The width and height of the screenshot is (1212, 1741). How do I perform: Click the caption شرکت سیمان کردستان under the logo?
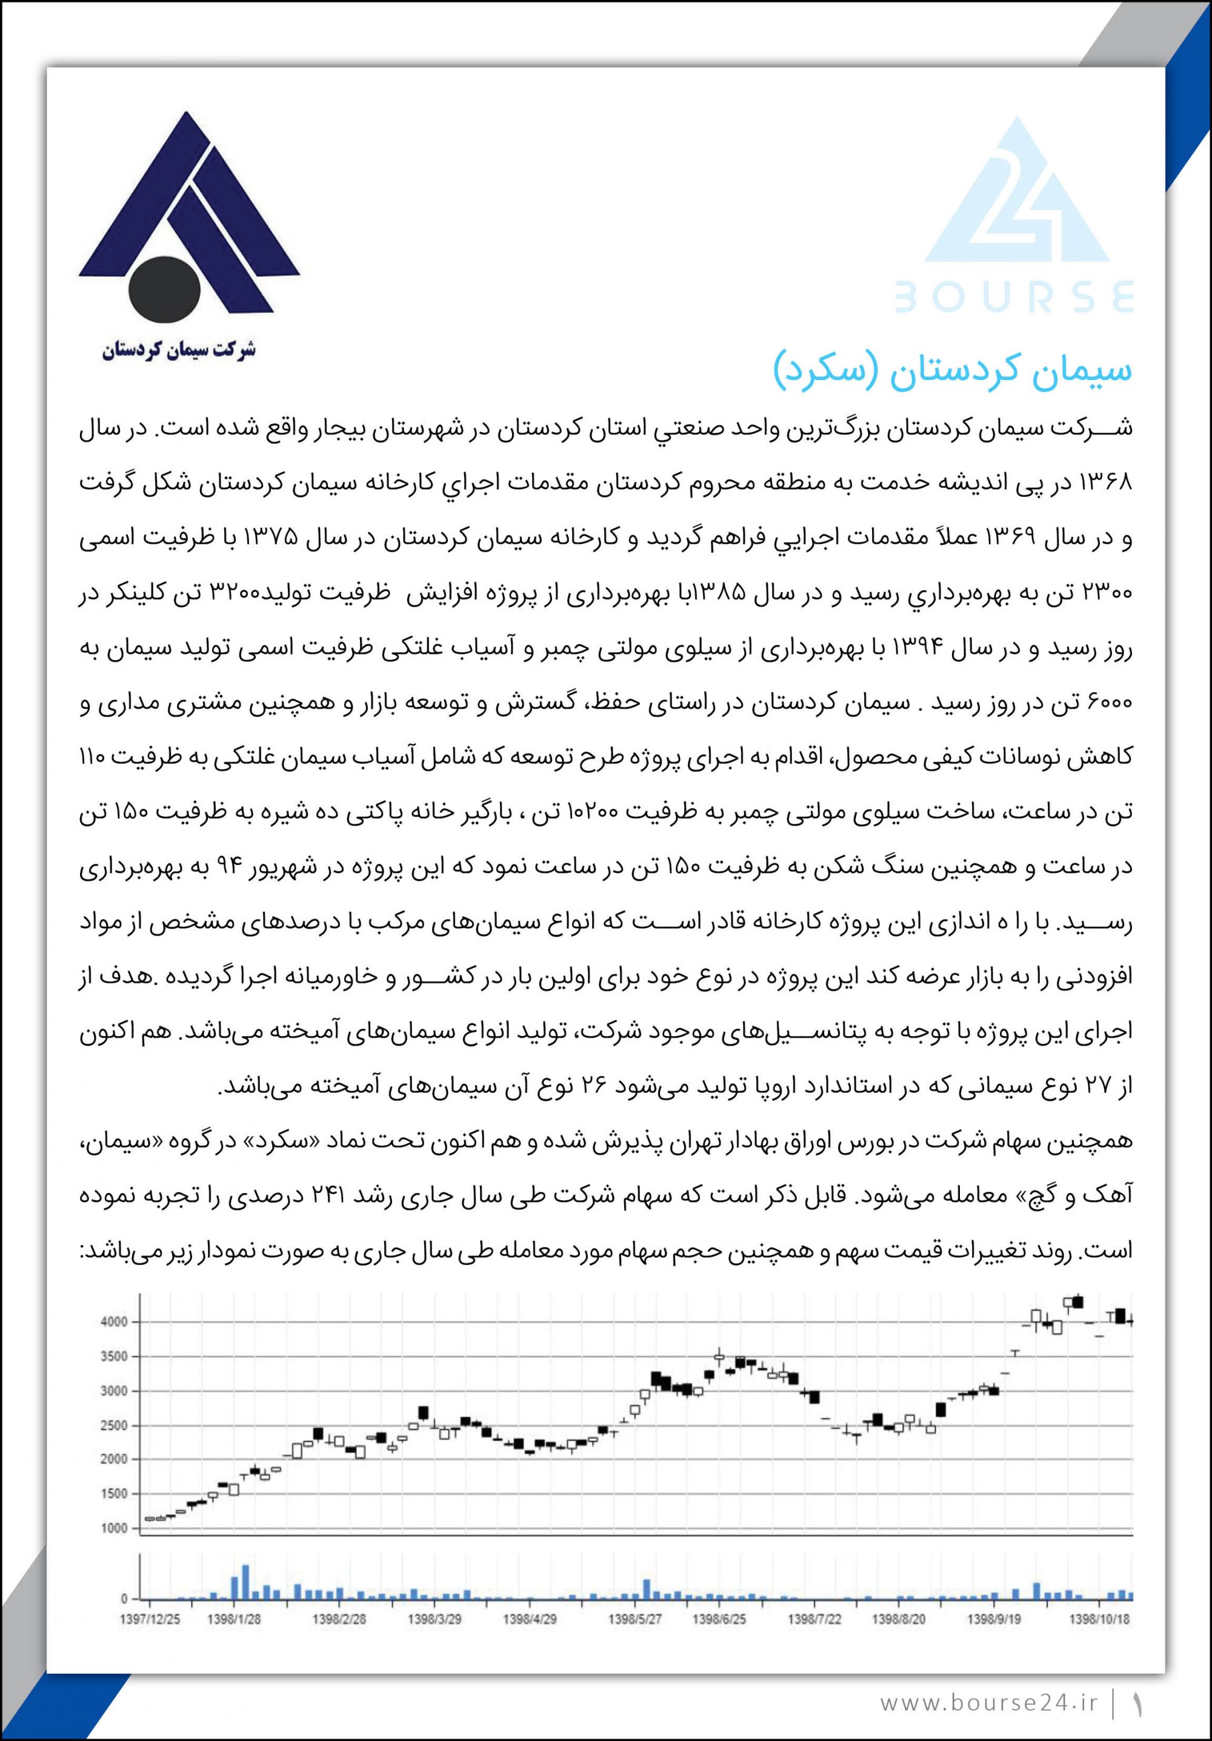(179, 350)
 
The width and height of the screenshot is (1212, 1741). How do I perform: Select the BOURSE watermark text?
(1014, 297)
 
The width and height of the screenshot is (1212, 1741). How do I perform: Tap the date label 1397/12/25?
(150, 1619)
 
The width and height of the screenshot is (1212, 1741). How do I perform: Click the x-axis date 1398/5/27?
(635, 1619)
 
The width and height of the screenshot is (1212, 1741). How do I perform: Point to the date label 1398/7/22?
(814, 1619)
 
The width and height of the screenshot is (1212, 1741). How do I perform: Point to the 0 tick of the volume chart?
(124, 1599)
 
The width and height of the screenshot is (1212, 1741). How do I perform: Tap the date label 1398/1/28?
(233, 1619)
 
